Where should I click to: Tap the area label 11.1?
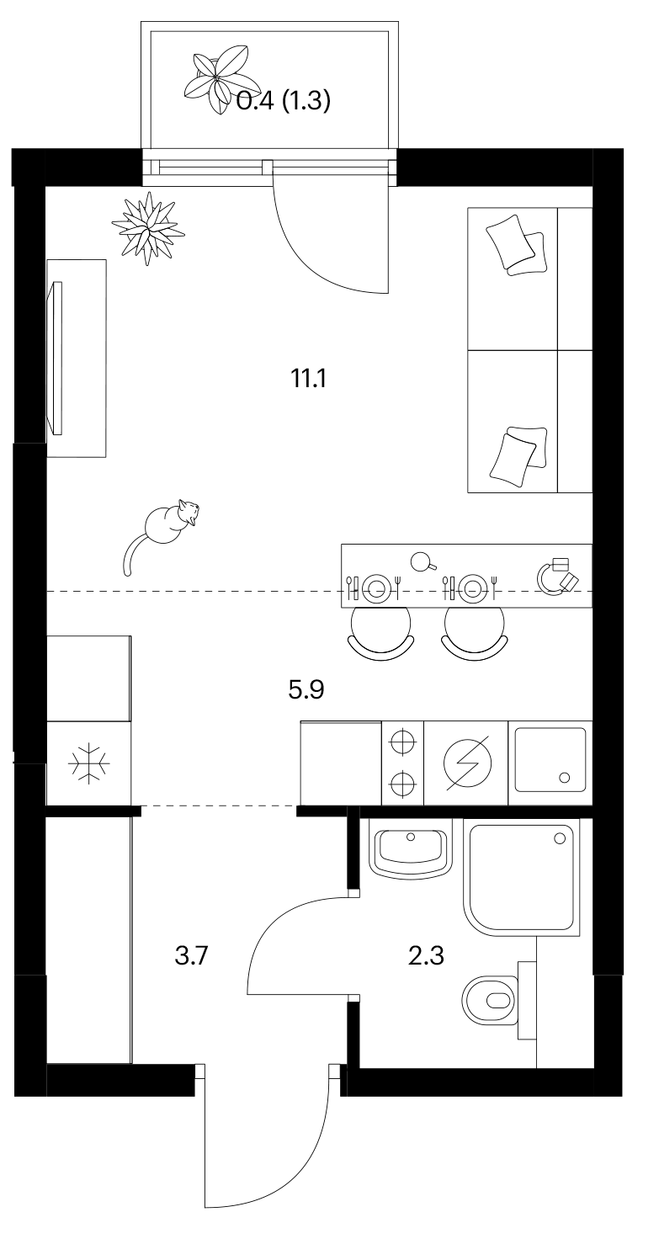[x=308, y=379]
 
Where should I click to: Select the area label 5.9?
[x=306, y=689]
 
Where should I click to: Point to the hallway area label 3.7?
[x=192, y=955]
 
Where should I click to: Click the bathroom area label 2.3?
[x=426, y=955]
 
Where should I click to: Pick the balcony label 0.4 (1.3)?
[x=283, y=101]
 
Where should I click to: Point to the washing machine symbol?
[x=467, y=763]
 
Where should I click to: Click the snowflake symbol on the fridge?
[x=89, y=763]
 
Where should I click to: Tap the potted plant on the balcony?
[x=217, y=78]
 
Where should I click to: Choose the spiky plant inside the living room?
[x=148, y=228]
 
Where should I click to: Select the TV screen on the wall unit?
[x=56, y=357]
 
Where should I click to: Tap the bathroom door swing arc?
[x=271, y=928]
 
